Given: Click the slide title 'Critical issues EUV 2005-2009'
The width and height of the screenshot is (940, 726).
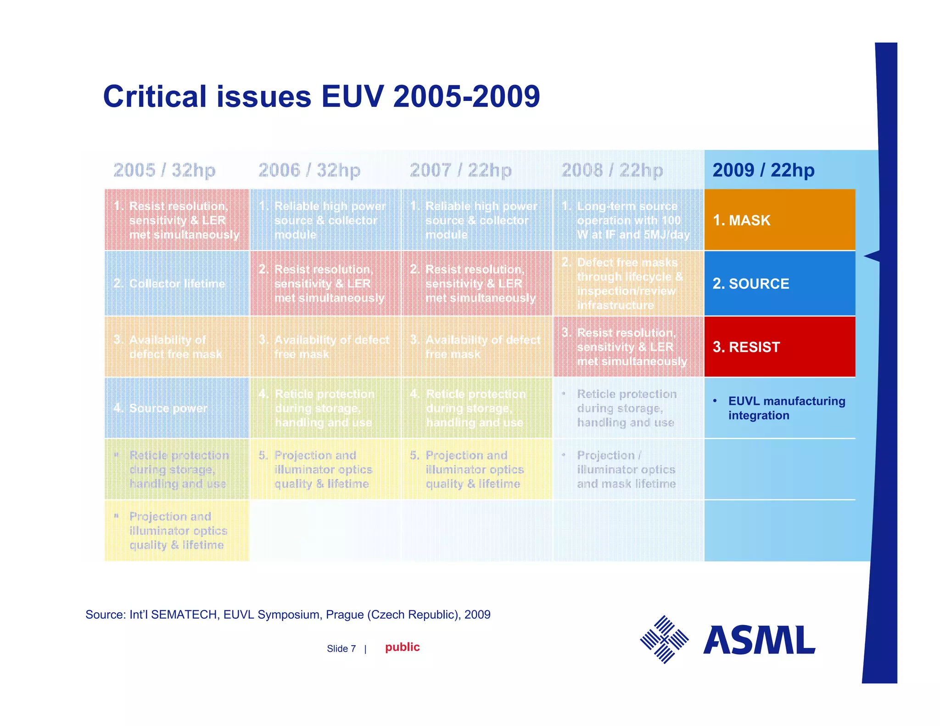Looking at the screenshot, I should tap(321, 96).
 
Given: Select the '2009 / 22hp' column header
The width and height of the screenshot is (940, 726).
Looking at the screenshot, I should tap(763, 170).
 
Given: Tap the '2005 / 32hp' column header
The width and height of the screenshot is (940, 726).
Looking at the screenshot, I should tap(164, 170).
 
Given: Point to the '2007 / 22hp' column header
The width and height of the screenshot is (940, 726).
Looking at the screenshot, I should tap(460, 170).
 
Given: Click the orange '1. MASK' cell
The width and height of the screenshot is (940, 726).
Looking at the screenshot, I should tap(779, 220).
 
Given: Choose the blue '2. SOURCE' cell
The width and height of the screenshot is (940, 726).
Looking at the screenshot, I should tap(779, 283).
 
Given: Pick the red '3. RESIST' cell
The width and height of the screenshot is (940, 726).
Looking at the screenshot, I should tap(779, 346).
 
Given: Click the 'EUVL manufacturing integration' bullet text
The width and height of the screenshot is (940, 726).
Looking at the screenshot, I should tap(786, 408).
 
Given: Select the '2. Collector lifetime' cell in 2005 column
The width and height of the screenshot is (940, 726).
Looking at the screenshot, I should tap(177, 283).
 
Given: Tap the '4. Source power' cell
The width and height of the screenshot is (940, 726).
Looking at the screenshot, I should tap(177, 408).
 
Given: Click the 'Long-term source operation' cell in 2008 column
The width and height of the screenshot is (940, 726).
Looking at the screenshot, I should tap(628, 220).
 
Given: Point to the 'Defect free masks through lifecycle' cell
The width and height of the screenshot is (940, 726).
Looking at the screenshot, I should tap(628, 284).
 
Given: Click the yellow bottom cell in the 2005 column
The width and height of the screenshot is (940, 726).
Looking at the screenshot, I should tap(177, 531).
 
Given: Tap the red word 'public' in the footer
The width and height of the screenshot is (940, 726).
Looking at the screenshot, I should tap(402, 647).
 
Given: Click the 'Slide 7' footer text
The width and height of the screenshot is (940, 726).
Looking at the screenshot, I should tap(341, 648).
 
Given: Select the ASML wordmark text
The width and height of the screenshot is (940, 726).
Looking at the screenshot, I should tap(759, 640).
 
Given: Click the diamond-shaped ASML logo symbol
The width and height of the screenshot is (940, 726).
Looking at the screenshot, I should tap(664, 639).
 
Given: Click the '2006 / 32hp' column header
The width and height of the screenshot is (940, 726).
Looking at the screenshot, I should tap(309, 170).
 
